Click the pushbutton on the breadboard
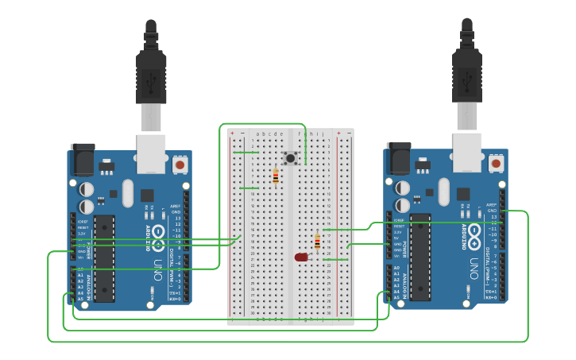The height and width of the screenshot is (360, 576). coord(291,158)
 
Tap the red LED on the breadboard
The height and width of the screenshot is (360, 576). coord(301,257)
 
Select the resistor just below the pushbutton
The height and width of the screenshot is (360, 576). coord(276,176)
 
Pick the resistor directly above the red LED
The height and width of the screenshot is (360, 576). coord(318,242)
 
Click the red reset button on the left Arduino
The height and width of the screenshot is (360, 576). coord(180,165)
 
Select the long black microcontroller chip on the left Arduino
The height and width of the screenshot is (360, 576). coord(104,258)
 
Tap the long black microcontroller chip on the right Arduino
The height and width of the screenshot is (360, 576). coord(420,256)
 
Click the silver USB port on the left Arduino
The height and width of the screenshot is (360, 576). coord(151,153)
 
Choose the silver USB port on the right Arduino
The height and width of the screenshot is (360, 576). coord(467,152)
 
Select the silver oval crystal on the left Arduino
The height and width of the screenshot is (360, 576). coord(127,193)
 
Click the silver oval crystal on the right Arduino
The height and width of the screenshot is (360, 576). coord(443,192)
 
